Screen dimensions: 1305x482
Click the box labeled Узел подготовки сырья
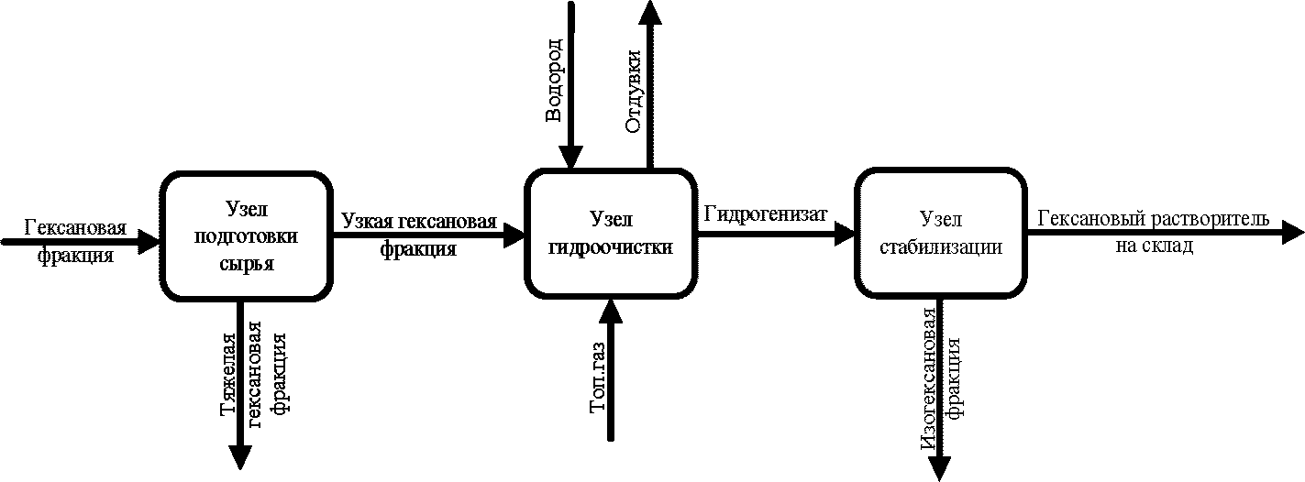(x=246, y=236)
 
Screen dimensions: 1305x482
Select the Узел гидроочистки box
(x=611, y=234)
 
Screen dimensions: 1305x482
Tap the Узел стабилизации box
(x=940, y=233)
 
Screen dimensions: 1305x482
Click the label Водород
(x=554, y=81)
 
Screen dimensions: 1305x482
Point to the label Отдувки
(x=634, y=92)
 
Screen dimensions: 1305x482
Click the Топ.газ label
(x=598, y=378)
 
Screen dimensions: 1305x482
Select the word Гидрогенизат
(x=766, y=214)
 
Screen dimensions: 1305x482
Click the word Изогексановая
(x=929, y=387)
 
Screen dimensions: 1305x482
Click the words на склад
(x=1155, y=246)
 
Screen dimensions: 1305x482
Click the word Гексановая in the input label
(x=76, y=227)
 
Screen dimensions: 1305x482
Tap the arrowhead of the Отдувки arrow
(x=650, y=12)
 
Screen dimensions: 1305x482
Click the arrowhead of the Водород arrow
(x=570, y=158)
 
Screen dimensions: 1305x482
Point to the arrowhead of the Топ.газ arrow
(x=611, y=311)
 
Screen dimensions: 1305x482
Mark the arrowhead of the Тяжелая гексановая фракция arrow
(x=240, y=457)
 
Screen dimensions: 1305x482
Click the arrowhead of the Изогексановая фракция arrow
(x=940, y=469)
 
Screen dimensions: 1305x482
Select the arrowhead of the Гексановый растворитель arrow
(x=1292, y=234)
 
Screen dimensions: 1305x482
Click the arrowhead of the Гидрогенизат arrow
(x=844, y=234)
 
